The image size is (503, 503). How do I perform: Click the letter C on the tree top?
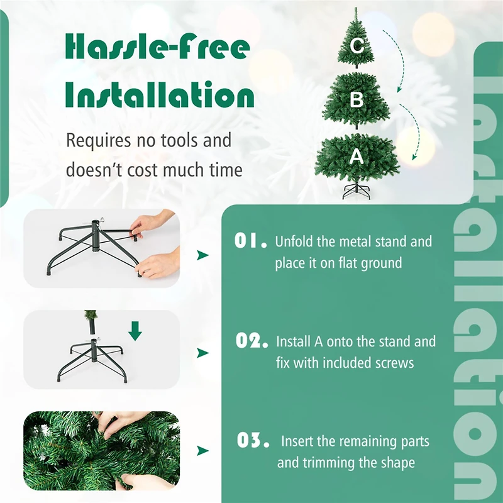click(357, 46)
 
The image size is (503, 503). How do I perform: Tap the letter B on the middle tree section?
click(357, 99)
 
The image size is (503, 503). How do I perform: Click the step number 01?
click(250, 241)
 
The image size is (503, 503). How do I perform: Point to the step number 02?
click(251, 341)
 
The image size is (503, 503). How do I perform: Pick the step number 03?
click(253, 441)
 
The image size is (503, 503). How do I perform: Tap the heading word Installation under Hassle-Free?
click(160, 96)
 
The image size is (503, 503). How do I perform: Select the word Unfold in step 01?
click(295, 241)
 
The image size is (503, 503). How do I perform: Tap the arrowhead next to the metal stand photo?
click(202, 255)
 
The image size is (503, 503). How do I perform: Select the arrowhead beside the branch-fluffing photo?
click(202, 451)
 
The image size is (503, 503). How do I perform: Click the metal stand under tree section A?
click(357, 191)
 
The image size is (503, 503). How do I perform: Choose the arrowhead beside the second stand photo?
click(202, 353)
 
